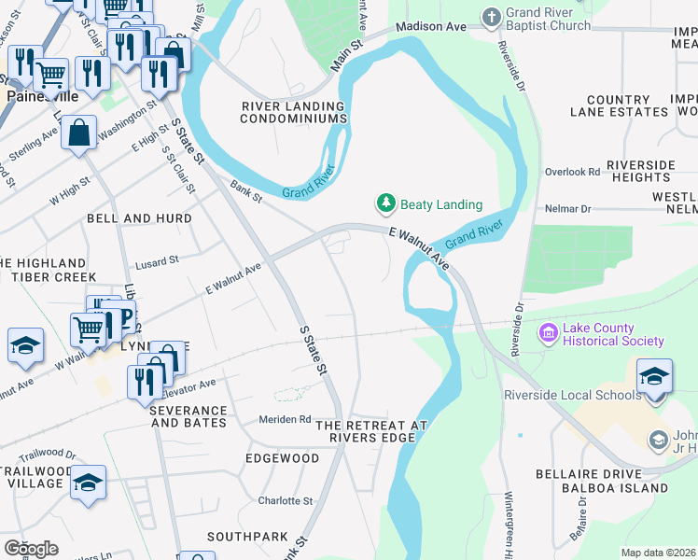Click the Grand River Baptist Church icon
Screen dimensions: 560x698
(x=492, y=16)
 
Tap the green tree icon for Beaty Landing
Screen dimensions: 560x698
(x=384, y=203)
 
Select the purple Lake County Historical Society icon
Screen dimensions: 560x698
(x=549, y=333)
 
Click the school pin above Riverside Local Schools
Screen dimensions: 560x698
(x=655, y=377)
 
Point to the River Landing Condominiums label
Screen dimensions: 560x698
(x=294, y=112)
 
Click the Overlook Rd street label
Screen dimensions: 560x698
(x=572, y=172)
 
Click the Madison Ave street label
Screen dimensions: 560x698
(x=430, y=27)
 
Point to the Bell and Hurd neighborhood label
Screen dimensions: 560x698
(x=139, y=218)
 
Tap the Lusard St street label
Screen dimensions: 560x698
(x=156, y=263)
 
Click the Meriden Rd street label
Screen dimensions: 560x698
(x=285, y=419)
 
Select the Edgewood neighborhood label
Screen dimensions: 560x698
(x=282, y=458)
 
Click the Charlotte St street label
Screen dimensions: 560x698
(x=286, y=499)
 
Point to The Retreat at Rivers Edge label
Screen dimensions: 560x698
(x=370, y=431)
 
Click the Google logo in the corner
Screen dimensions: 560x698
(x=30, y=548)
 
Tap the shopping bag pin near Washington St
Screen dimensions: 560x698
(x=79, y=133)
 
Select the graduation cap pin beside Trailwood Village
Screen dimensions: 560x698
(x=88, y=483)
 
